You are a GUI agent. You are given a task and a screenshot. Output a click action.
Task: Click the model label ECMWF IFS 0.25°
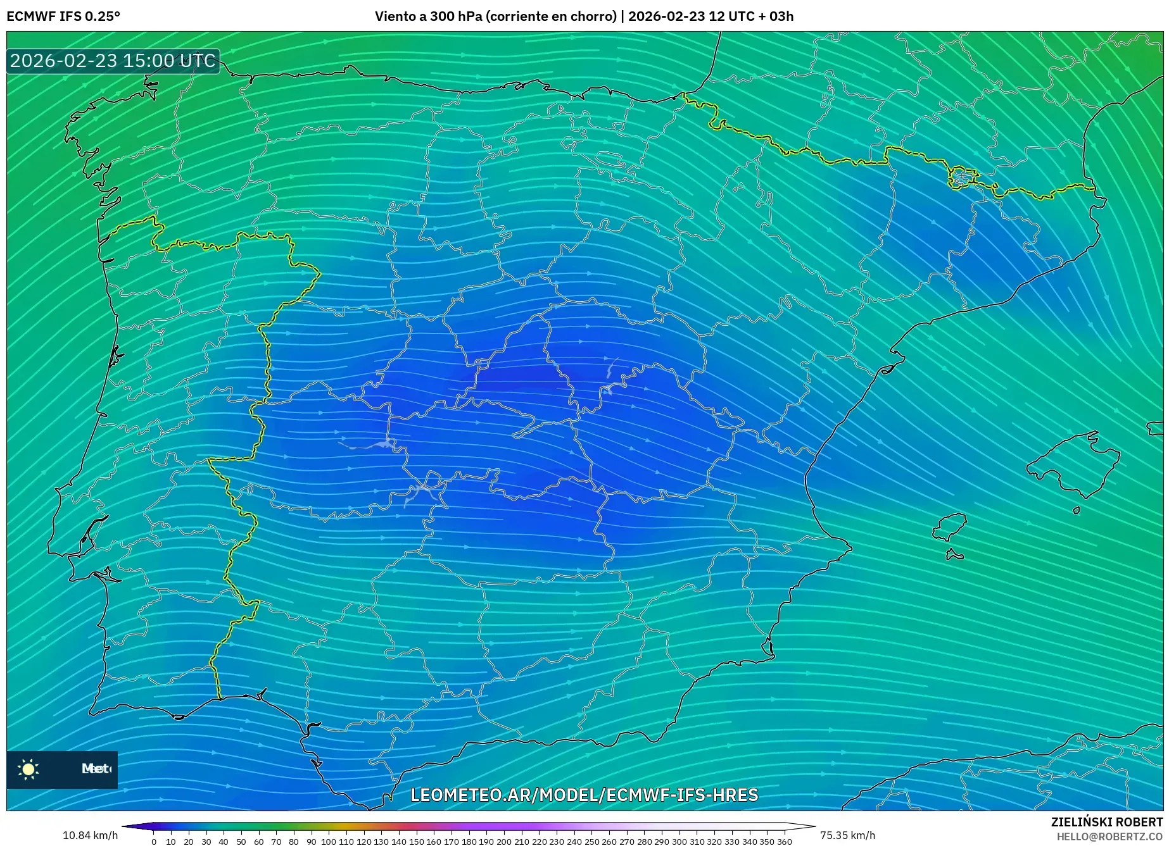point(63,16)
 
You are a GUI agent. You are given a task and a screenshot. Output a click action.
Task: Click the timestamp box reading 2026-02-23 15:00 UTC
point(113,61)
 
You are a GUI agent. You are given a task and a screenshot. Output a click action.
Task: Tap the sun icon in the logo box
point(28,769)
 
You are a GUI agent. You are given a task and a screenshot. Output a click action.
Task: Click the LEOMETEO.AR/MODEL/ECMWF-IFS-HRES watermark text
point(584,795)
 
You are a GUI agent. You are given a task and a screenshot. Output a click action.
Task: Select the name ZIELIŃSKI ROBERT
point(1107,822)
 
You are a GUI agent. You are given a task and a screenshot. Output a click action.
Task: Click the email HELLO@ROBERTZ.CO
point(1109,837)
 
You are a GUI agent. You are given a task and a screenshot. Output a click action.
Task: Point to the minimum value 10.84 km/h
point(90,835)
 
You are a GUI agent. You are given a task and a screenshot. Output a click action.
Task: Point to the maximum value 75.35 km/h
point(847,835)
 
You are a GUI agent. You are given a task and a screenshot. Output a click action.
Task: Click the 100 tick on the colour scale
point(328,842)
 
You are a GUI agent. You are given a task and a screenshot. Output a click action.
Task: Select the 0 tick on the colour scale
point(154,842)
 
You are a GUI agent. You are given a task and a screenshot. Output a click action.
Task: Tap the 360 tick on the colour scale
point(784,842)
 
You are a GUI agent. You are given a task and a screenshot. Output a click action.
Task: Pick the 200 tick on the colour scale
point(503,842)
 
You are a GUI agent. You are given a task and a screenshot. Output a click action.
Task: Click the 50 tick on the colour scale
point(241,842)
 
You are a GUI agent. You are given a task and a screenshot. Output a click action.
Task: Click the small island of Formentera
point(954,556)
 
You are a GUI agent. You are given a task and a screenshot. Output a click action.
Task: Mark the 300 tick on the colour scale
point(679,842)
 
